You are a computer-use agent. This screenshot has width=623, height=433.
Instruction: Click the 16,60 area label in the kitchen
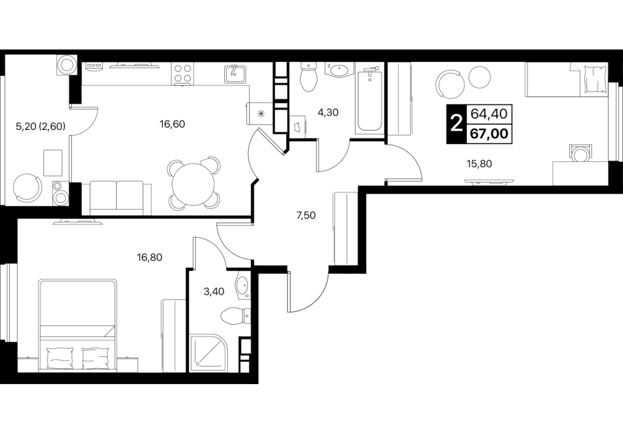click(172, 124)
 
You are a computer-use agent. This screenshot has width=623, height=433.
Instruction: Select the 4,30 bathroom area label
click(327, 113)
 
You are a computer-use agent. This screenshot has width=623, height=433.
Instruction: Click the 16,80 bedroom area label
click(149, 257)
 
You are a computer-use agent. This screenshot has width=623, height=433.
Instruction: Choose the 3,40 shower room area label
click(214, 292)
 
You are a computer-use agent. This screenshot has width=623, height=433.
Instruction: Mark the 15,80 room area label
click(479, 163)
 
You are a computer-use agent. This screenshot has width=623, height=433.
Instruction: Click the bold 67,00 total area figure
click(489, 134)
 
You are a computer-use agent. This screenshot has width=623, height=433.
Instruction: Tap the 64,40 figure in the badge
click(489, 114)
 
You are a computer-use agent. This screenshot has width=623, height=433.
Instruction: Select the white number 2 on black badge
click(456, 124)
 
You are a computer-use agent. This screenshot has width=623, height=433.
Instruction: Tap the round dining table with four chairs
click(193, 184)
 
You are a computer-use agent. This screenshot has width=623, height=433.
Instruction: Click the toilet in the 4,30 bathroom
click(309, 77)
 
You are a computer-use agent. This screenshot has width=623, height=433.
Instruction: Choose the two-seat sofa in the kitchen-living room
click(116, 198)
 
